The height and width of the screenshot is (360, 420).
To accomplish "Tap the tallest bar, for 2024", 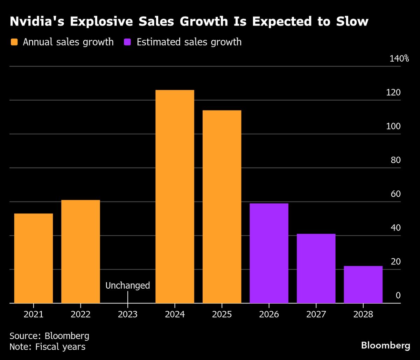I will pos(175,196).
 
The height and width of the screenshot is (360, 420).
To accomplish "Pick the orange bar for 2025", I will pos(222,206).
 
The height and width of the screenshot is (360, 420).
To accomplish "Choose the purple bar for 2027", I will pos(316,268).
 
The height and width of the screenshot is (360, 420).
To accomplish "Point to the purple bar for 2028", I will pos(363,284).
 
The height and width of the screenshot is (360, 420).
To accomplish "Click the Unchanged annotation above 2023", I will pos(128,285).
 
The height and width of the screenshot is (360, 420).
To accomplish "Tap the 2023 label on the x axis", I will pos(128,314).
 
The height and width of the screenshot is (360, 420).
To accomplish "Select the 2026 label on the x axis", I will pos(269,314).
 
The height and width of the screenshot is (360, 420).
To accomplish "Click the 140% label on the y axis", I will pos(399,58).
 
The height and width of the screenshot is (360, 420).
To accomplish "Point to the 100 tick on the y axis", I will pos(393,126).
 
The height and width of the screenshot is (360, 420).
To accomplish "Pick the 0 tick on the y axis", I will pos(398,296).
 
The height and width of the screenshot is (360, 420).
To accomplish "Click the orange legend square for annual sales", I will pos(14,42).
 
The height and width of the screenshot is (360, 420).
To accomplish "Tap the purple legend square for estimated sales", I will pos(128,42).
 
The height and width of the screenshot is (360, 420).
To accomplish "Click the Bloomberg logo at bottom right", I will pos(385,346).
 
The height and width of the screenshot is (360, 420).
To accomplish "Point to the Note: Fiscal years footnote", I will pos(47,347).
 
